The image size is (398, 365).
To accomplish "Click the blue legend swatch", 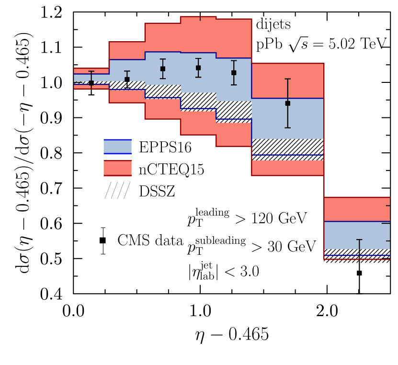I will click(x=117, y=147).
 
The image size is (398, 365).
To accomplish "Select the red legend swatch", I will click(x=117, y=168).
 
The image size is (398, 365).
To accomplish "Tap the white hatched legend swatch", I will click(x=117, y=191).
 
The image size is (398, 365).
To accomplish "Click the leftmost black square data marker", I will click(x=91, y=83).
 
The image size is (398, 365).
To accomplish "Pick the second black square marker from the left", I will click(x=127, y=80).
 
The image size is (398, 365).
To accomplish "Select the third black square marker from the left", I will click(x=162, y=68).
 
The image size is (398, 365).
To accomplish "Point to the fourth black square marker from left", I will click(x=198, y=68).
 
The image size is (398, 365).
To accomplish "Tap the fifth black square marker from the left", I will click(x=234, y=73).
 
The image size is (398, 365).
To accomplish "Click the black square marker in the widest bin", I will click(x=287, y=103).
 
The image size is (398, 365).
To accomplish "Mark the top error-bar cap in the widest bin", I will click(x=287, y=79).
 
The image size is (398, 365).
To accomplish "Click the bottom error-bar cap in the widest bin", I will click(x=287, y=127).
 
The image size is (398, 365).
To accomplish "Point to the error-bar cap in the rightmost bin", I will click(x=359, y=240).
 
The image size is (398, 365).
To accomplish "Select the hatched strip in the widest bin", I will click(x=287, y=147).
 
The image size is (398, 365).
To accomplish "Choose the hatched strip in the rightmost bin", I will click(x=357, y=252).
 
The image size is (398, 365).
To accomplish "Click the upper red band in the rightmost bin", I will click(x=357, y=209).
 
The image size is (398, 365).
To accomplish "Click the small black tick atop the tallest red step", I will click(x=200, y=18).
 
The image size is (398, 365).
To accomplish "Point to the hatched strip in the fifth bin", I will click(x=234, y=110).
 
